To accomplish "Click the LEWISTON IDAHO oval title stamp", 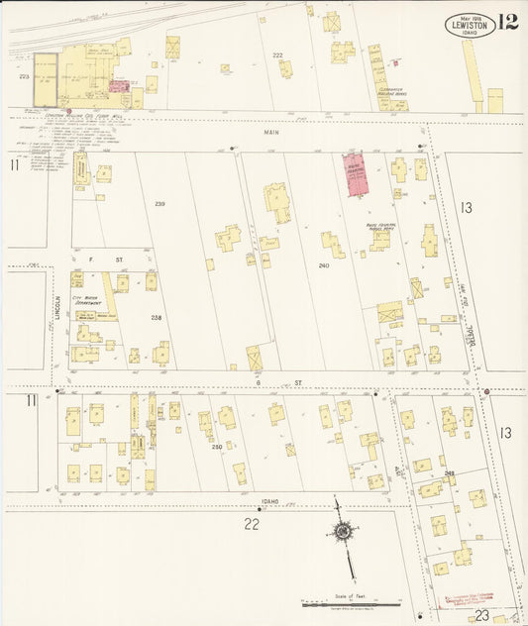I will tap(471, 25).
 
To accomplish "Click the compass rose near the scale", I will tap(342, 532).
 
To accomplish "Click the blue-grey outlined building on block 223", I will tap(45, 79).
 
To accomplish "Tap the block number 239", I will tap(158, 203).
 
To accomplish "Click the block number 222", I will tap(277, 54).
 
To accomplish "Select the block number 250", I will tap(217, 447).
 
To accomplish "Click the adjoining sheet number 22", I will tap(253, 523).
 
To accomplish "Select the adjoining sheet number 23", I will tap(482, 614).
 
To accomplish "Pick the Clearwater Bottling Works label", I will tap(396, 94).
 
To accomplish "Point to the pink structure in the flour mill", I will tap(119, 86).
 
